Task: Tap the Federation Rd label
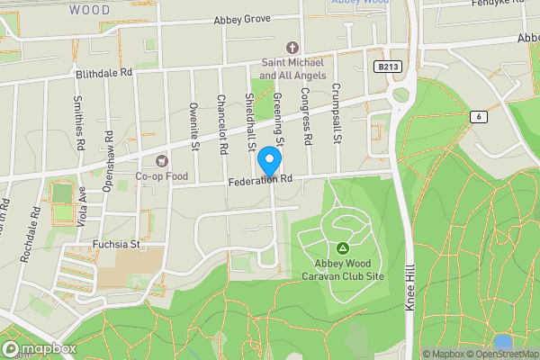(x=262, y=181)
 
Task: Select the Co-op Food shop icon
(x=162, y=161)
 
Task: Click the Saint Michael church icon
(x=291, y=48)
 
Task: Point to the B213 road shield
(x=387, y=67)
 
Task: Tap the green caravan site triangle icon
(x=342, y=247)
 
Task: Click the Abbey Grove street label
(x=241, y=20)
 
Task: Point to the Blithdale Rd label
(x=104, y=72)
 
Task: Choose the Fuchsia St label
(x=117, y=243)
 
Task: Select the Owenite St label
(x=193, y=122)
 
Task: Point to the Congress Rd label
(x=305, y=117)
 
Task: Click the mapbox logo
(x=38, y=348)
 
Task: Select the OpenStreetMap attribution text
(x=500, y=354)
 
